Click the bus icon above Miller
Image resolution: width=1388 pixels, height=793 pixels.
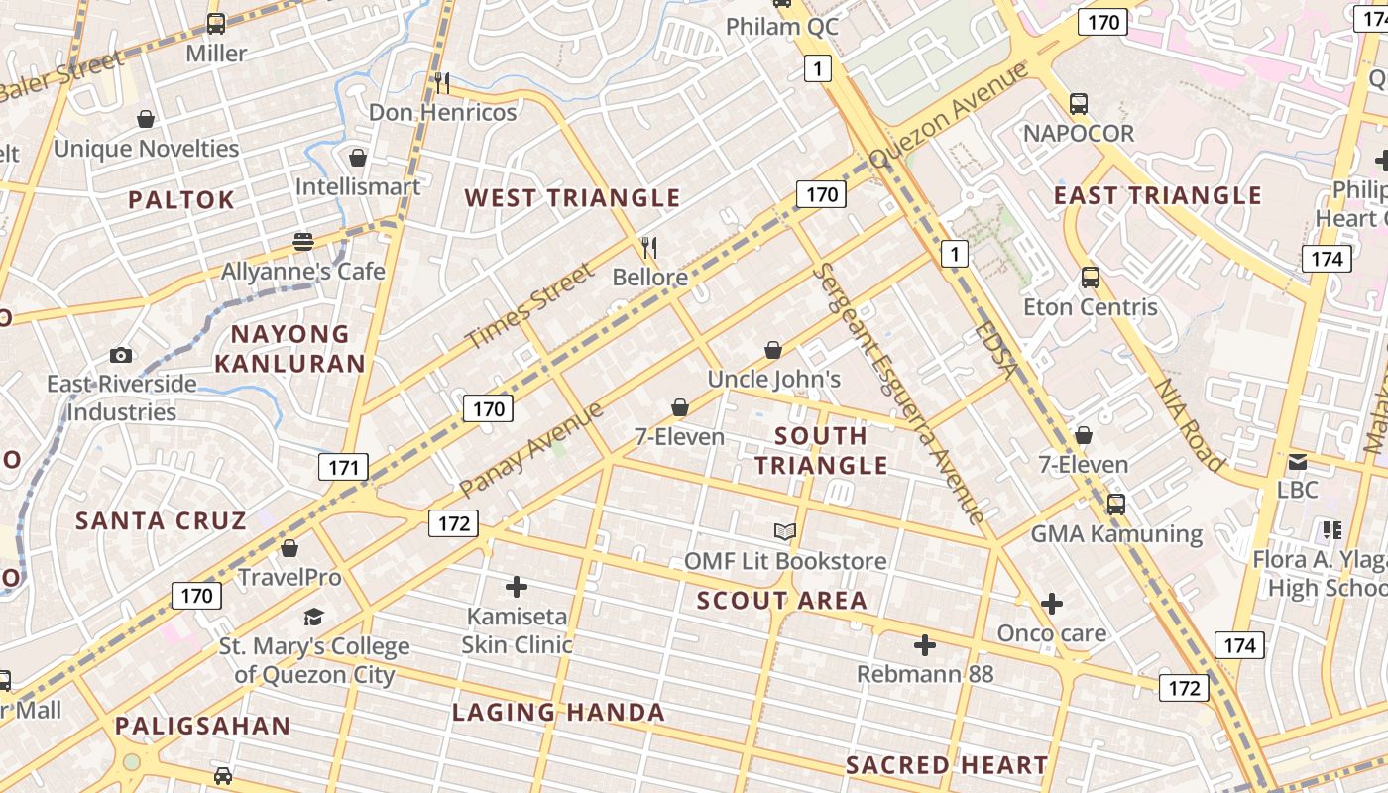pos(215,24)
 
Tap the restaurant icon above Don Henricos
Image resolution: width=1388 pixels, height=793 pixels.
pos(442,82)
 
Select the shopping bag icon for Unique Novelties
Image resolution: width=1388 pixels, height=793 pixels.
pos(146,119)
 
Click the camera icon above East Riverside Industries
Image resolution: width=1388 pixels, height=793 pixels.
pos(121,355)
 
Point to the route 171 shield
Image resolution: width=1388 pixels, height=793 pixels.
pos(343,467)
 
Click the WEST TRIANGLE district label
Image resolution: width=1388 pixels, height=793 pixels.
pos(572,198)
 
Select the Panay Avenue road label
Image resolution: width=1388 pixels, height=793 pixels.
pos(531,450)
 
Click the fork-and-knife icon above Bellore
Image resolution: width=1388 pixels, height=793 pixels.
pos(649,247)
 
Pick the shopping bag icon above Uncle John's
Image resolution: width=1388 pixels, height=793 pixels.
pos(773,350)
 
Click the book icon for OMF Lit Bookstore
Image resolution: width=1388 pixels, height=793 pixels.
pos(785,532)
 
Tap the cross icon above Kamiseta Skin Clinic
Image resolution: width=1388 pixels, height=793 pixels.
pos(517,587)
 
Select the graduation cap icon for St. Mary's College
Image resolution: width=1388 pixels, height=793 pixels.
pos(314,618)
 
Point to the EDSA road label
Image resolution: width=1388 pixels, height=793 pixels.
pos(996,349)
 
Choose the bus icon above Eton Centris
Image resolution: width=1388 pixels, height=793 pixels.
pos(1091,278)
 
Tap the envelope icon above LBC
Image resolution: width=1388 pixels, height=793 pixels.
pos(1297,461)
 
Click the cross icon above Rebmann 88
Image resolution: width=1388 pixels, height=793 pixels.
pos(925,646)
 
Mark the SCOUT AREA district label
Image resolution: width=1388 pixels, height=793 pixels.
pos(782,601)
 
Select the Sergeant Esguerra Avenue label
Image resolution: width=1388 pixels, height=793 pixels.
pos(899,393)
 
